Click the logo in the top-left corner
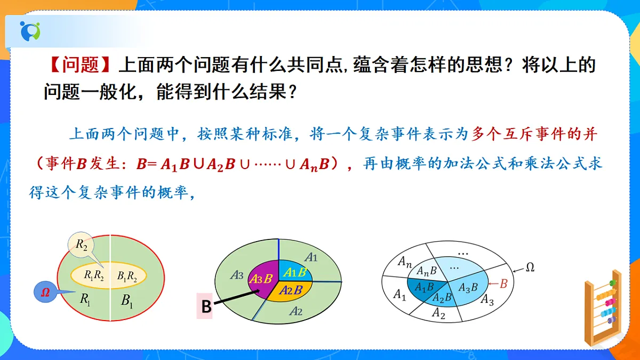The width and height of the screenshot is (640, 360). [x=30, y=31]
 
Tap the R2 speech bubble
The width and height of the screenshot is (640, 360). [x=82, y=245]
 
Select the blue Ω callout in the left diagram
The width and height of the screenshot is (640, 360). [x=46, y=292]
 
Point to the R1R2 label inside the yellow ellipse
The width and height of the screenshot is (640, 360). [x=95, y=276]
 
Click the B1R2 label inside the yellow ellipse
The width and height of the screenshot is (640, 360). [x=127, y=276]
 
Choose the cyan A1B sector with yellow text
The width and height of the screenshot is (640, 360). [x=295, y=272]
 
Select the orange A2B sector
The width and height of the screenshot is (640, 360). [x=291, y=290]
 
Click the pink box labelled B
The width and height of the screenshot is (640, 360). [x=205, y=306]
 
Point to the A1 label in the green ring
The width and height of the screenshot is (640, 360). [x=311, y=257]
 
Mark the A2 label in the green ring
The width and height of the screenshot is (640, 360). [x=296, y=311]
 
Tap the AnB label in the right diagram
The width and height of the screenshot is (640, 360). [x=427, y=271]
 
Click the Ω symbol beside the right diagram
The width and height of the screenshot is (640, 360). [x=530, y=267]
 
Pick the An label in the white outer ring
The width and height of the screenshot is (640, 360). [x=405, y=261]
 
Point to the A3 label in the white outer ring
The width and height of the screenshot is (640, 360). [x=486, y=300]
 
